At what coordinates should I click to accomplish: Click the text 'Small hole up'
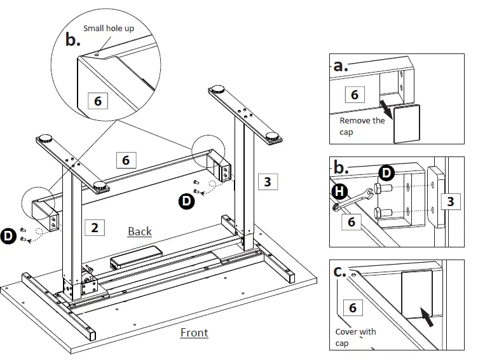(109, 28)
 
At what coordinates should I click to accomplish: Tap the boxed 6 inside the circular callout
(97, 100)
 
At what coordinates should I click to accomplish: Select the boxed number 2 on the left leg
(94, 226)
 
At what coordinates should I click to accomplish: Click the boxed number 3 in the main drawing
(267, 182)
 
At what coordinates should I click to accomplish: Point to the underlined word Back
(140, 231)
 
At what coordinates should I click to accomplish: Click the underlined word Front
(194, 332)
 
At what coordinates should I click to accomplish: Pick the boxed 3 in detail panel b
(450, 202)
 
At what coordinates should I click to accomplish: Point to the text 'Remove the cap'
(362, 126)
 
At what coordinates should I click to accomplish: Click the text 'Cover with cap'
(355, 337)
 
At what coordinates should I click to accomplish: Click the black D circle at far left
(8, 235)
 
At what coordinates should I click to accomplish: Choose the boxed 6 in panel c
(352, 308)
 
